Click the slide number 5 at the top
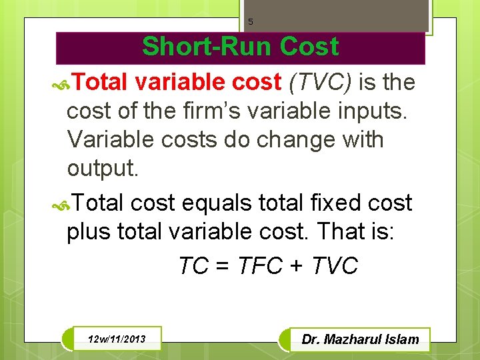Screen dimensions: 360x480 [x=251, y=21]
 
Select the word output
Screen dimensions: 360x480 [x=103, y=169]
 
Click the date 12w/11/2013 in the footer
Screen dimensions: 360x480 [x=115, y=340]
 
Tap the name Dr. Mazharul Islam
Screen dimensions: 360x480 [x=360, y=339]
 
